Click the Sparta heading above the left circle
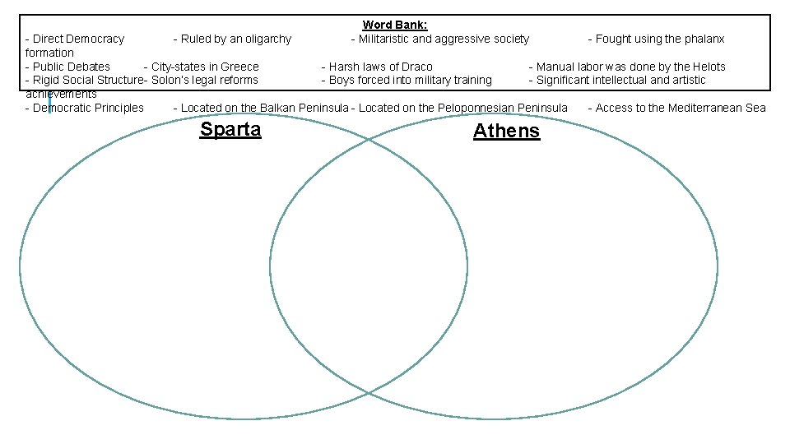click(x=230, y=129)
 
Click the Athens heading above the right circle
click(x=506, y=131)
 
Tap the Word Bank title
click(x=395, y=25)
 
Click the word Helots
click(x=708, y=67)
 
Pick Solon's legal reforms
click(x=204, y=80)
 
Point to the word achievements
click(x=61, y=94)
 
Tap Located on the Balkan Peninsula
click(x=261, y=108)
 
